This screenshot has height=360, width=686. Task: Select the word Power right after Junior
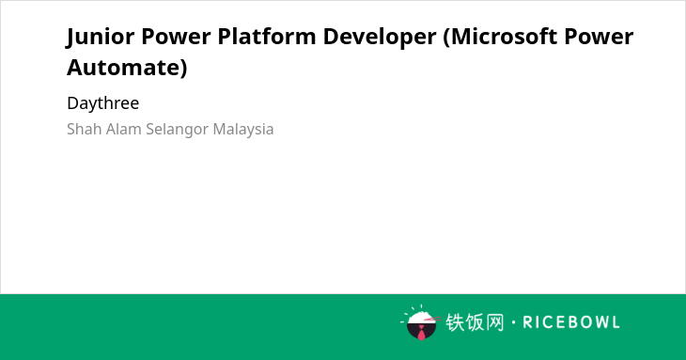[176, 36]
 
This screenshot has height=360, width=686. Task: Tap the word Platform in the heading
[267, 36]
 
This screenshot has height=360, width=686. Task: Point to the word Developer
[380, 38]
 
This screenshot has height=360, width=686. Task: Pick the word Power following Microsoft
[599, 36]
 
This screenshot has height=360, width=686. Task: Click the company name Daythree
[103, 103]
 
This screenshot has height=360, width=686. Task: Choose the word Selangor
[178, 130]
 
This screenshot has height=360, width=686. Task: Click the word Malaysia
[243, 130]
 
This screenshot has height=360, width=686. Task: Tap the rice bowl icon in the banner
[420, 322]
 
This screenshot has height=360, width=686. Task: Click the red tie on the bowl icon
[421, 334]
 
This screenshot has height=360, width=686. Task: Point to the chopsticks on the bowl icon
[432, 319]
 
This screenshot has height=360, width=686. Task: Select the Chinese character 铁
[455, 322]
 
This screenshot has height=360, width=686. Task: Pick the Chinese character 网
[495, 322]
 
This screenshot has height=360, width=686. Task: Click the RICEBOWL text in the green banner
[571, 322]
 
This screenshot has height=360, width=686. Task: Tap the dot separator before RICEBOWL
[513, 322]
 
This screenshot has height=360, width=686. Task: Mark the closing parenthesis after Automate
[184, 69]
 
